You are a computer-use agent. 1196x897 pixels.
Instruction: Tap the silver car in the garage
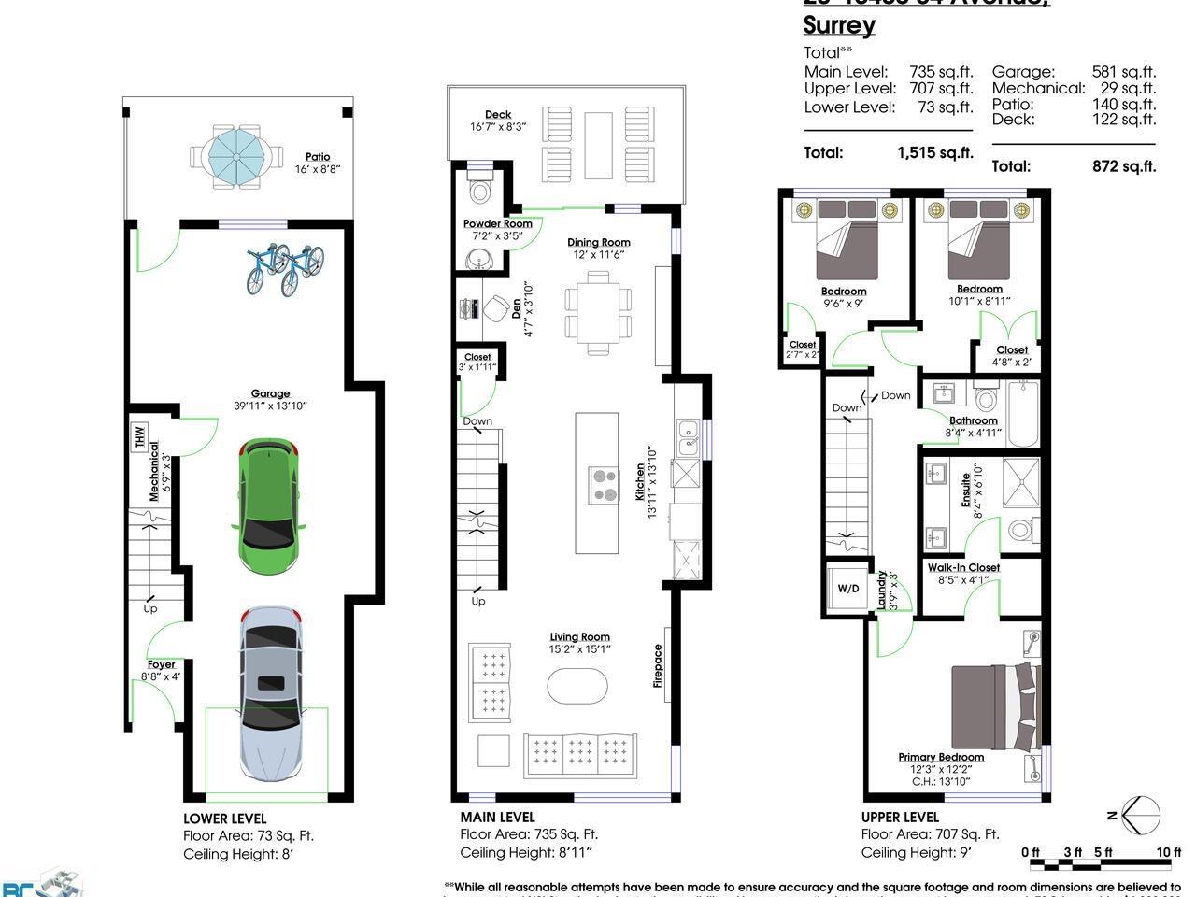[x=270, y=693]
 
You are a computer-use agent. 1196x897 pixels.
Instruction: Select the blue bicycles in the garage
[x=285, y=268]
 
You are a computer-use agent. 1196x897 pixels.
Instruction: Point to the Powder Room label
[x=498, y=223]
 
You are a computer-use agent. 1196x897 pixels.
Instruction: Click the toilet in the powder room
[x=481, y=191]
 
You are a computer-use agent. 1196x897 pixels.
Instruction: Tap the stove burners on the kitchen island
[x=605, y=485]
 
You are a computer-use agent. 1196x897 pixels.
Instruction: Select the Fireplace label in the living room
[x=658, y=666]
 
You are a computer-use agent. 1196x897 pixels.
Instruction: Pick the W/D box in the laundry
[x=847, y=589]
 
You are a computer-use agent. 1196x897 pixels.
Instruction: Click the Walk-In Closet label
[x=963, y=567]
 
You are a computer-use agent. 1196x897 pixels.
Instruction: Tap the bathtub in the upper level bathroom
[x=1022, y=414]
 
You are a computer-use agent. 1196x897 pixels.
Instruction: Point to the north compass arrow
[x=1140, y=815]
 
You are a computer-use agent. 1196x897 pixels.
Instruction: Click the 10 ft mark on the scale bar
[x=1168, y=851]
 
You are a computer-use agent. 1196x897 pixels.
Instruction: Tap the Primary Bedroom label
[x=941, y=757]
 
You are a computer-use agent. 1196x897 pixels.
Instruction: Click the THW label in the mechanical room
[x=140, y=436]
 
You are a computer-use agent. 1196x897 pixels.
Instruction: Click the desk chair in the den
[x=493, y=306]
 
